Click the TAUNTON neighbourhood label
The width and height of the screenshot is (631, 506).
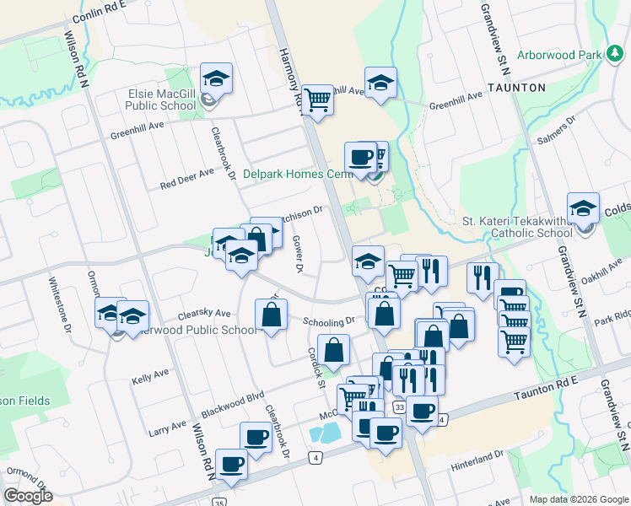point(516,88)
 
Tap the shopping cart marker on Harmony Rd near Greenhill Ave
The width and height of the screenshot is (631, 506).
point(318,99)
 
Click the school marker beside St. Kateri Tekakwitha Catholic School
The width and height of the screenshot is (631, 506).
point(584,207)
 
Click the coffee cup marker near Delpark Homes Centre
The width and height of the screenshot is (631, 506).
point(360,156)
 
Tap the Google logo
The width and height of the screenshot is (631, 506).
point(28,496)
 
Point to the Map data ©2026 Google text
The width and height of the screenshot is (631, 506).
point(577,499)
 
